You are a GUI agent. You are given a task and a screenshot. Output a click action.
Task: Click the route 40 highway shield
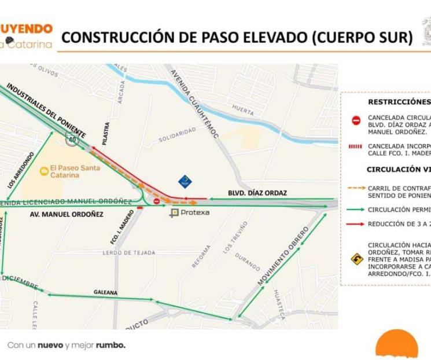pos(71,139)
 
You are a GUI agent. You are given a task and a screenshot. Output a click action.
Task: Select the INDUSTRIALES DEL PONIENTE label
pos(46,111)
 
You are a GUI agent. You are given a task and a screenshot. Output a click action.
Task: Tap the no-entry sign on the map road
pos(157,201)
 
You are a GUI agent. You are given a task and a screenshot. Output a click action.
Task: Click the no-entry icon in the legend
pos(356,120)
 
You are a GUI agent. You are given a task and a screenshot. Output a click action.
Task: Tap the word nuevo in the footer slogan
pos(50,345)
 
